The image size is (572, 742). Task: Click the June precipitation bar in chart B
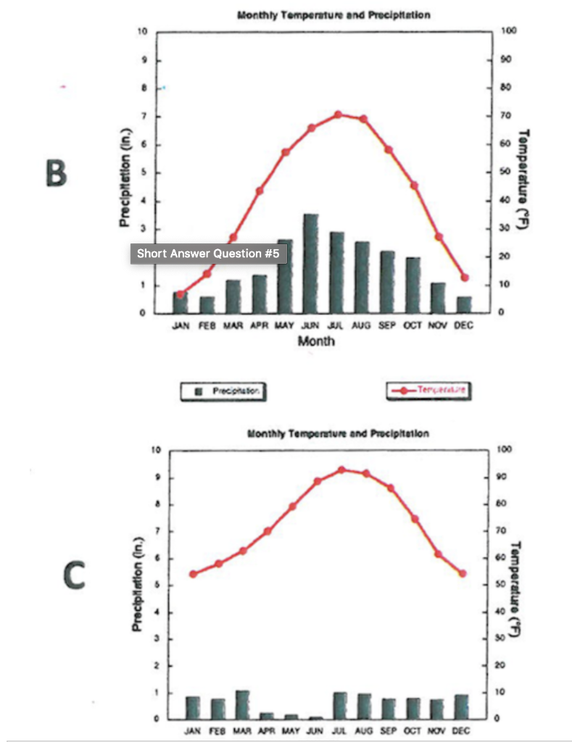click(311, 264)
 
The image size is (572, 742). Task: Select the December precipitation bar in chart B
click(464, 304)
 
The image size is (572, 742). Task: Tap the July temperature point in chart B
click(338, 114)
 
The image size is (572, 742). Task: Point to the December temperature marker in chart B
click(465, 278)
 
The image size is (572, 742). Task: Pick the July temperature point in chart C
click(341, 470)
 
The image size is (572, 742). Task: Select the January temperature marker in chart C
click(193, 574)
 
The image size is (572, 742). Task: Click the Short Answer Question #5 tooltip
click(208, 254)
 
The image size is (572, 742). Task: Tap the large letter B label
click(56, 173)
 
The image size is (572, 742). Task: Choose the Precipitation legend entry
click(223, 391)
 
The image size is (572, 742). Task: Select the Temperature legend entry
click(428, 390)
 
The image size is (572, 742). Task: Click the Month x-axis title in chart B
click(317, 341)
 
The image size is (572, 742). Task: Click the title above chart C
click(339, 433)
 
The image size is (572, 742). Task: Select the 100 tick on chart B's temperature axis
click(507, 32)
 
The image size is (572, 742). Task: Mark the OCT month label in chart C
click(413, 731)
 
